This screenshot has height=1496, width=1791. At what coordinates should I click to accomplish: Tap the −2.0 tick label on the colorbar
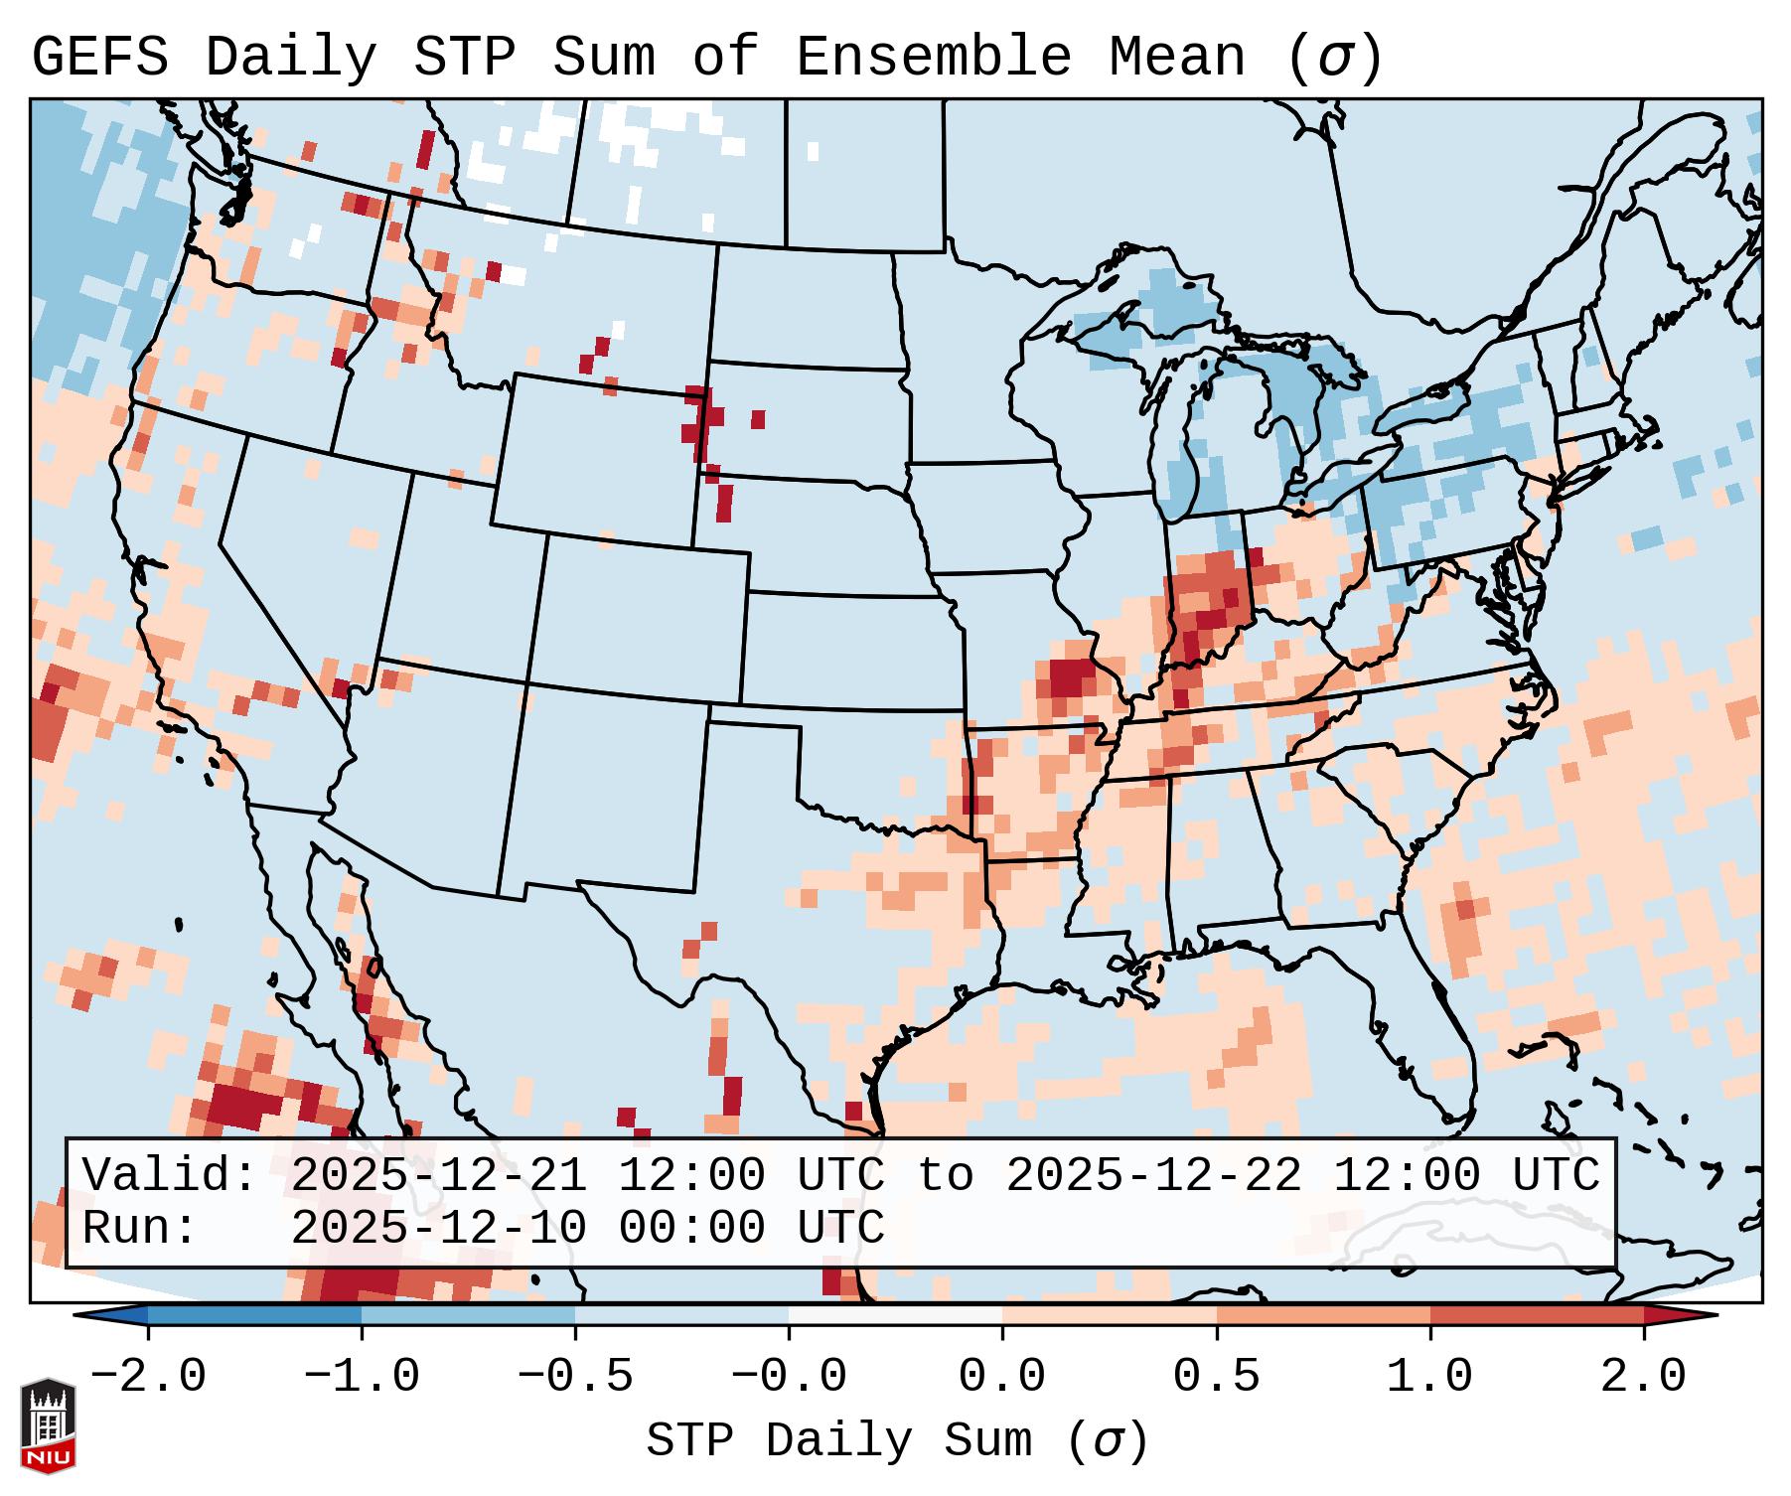[148, 1377]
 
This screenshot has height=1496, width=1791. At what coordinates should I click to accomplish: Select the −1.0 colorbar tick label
[362, 1377]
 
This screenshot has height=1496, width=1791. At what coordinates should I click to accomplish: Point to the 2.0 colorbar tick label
[1644, 1377]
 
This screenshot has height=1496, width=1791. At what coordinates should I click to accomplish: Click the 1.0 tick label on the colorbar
[1429, 1377]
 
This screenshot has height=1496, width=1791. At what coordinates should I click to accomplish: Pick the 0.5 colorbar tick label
[1216, 1377]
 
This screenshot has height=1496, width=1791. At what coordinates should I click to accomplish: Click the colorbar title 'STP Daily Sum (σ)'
[897, 1441]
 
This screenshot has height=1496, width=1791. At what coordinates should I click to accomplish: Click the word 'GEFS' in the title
[99, 58]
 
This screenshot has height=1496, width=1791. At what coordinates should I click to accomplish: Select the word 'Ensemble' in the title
[934, 58]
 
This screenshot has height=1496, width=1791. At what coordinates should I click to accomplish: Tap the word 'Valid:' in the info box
[170, 1175]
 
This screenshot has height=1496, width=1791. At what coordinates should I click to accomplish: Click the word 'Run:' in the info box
[140, 1228]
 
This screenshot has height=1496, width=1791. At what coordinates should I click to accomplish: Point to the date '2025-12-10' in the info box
[438, 1228]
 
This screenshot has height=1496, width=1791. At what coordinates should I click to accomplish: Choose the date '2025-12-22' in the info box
[1153, 1175]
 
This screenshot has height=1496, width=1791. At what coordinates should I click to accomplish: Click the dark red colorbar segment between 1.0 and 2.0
[1537, 1315]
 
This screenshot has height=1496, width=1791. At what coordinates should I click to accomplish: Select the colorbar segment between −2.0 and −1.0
[254, 1315]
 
